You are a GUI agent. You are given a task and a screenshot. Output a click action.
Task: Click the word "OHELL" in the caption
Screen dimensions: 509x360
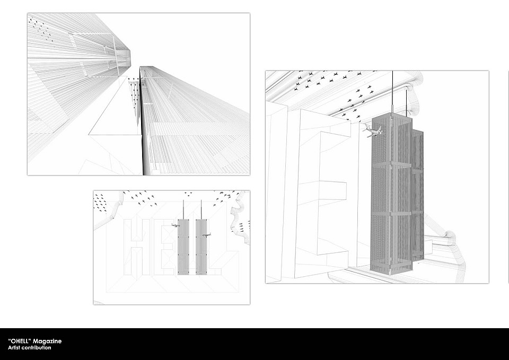(x=20, y=341)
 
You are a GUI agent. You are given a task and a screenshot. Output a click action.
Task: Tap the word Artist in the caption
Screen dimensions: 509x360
(x=15, y=348)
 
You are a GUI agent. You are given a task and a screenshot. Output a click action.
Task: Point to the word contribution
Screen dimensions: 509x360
(x=37, y=348)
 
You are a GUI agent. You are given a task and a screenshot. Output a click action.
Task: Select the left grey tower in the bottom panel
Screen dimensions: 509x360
(x=183, y=247)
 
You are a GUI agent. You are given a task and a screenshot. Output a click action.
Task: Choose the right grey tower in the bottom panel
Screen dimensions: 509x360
(x=201, y=247)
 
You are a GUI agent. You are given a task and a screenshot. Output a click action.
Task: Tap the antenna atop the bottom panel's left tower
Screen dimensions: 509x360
(x=183, y=209)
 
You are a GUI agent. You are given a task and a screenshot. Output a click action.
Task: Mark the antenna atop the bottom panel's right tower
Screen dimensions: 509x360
(x=201, y=209)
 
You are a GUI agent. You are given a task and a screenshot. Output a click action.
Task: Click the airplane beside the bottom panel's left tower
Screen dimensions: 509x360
(x=175, y=225)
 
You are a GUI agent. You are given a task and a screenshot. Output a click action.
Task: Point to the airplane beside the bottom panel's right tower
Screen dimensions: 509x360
(x=206, y=234)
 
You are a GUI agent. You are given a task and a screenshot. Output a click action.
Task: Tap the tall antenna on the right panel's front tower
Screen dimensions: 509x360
(x=392, y=94)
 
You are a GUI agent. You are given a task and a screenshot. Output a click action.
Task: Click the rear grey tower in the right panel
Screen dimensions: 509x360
(x=418, y=194)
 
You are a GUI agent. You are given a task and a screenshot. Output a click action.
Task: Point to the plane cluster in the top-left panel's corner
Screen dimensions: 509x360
(x=41, y=30)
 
